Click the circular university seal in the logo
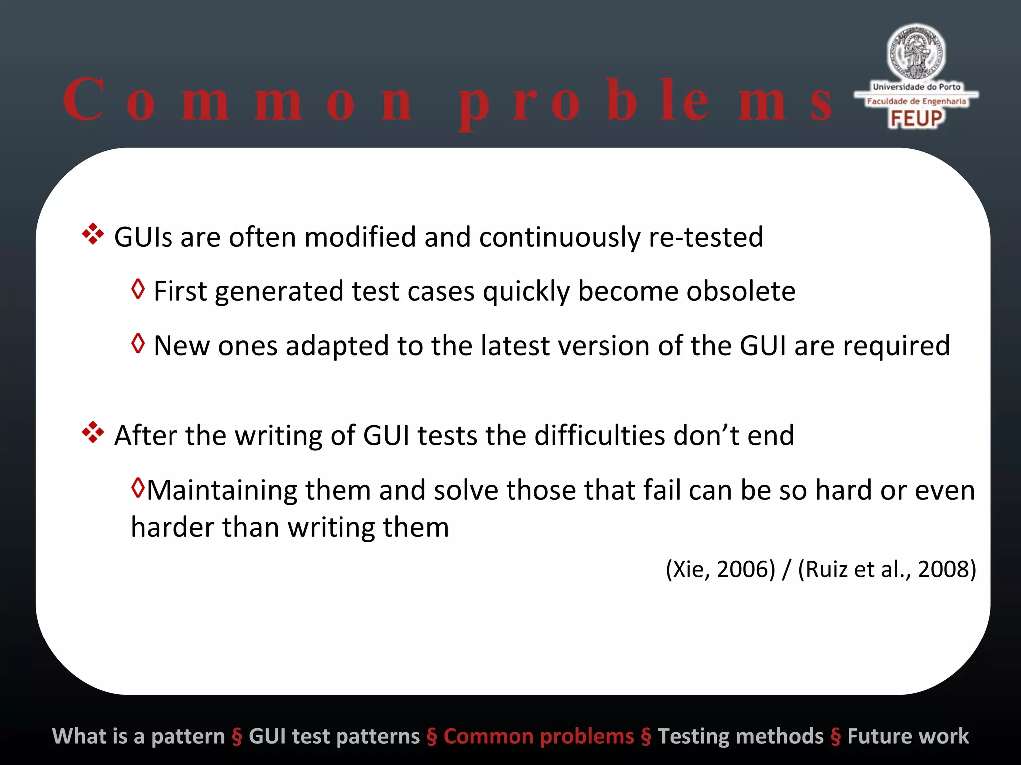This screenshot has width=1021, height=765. pos(916,53)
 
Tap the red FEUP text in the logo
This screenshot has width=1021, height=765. pos(916,119)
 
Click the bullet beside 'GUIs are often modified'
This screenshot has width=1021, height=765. pos(93,234)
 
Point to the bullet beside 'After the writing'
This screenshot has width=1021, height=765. pos(93,432)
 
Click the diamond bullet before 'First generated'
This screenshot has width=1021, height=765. pos(138,289)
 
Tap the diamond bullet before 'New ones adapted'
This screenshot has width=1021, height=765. pos(138,343)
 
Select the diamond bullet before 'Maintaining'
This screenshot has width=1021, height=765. pos(138,488)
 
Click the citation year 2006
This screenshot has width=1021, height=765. pos(745,569)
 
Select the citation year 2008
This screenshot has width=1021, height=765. pos(946,569)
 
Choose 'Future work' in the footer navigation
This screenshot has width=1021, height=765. pos(908,736)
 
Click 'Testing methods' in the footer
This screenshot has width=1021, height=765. pos(740,736)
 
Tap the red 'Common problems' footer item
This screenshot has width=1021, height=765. pos(538,736)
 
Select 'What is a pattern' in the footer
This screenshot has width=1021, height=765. pos(139,736)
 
